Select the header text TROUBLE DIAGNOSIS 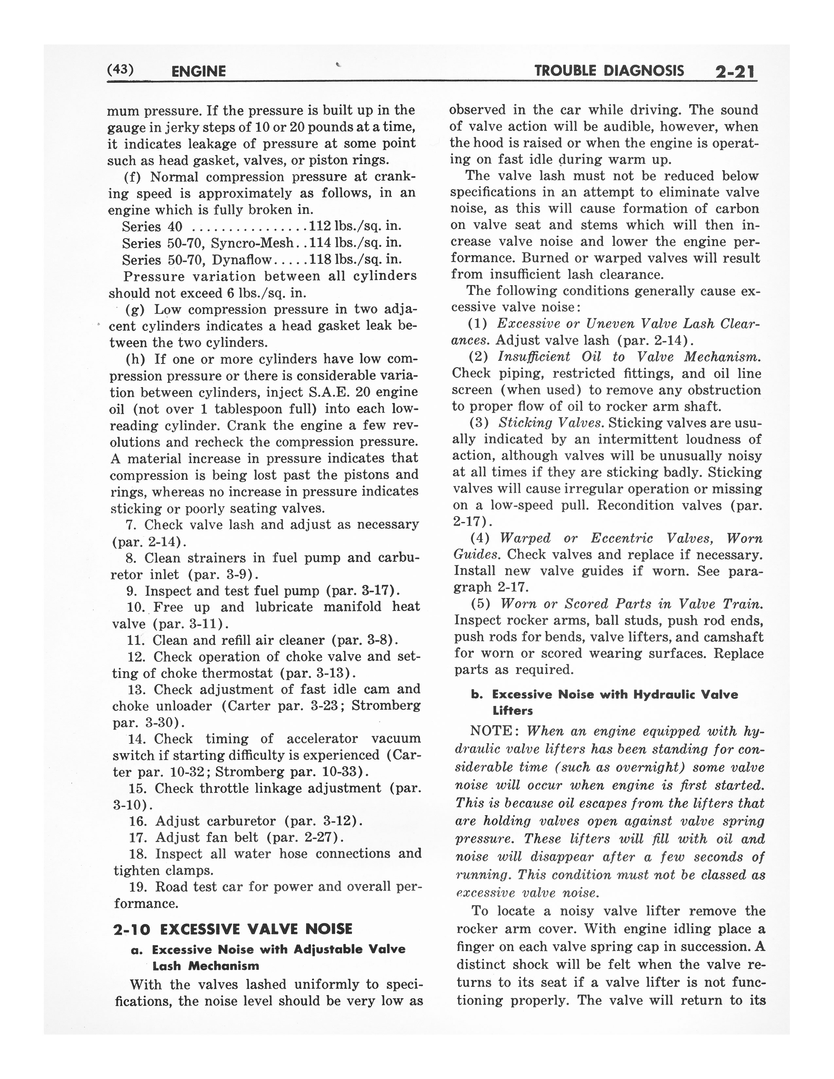point(609,71)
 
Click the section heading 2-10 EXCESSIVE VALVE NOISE point(233,929)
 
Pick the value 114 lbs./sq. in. point(355,243)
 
